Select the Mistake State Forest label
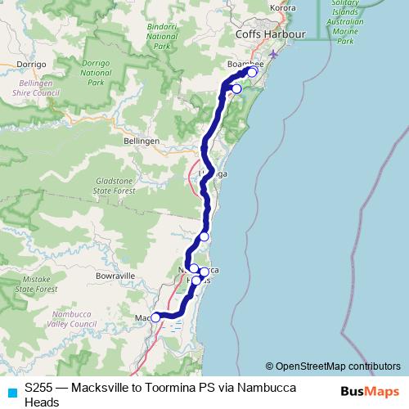(x=37, y=284)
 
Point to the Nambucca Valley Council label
(x=74, y=318)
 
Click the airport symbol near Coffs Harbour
(x=272, y=56)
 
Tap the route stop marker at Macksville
(x=155, y=317)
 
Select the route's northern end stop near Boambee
(x=252, y=72)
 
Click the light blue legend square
(x=12, y=392)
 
